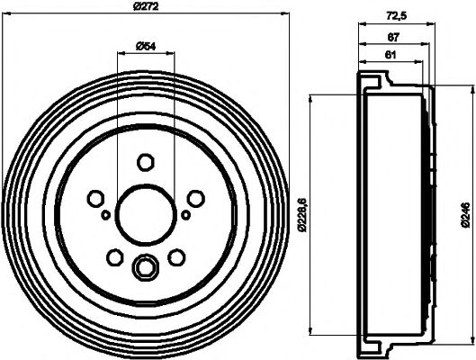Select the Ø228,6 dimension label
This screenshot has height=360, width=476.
(x=303, y=214)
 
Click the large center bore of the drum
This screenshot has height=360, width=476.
(x=146, y=213)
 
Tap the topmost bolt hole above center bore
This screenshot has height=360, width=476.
(x=146, y=162)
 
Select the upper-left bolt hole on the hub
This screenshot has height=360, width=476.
(x=95, y=198)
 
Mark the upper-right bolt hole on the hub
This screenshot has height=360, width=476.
(x=196, y=198)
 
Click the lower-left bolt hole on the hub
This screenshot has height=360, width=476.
(x=114, y=258)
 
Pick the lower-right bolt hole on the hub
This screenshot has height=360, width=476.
(x=177, y=258)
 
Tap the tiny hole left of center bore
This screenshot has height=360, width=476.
(x=105, y=215)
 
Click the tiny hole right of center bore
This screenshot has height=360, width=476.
(x=186, y=215)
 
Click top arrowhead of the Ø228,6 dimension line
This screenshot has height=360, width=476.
(x=310, y=96)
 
